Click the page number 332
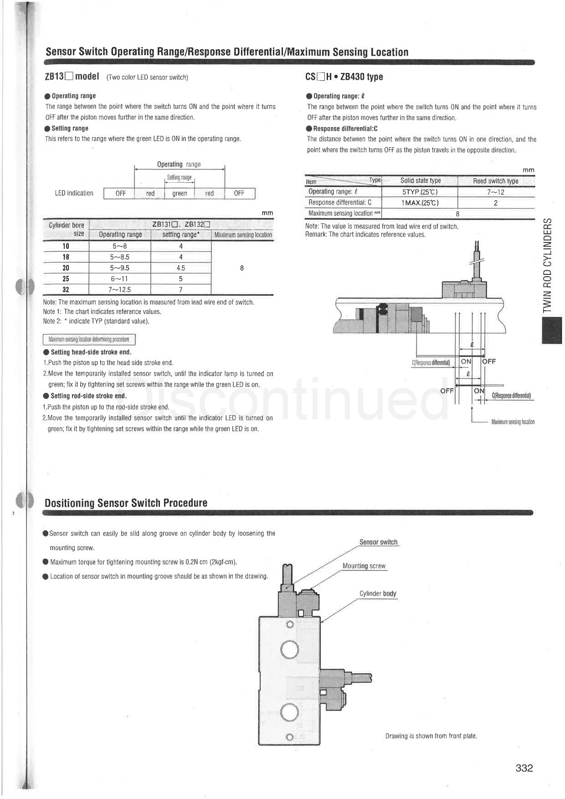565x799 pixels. click(524, 768)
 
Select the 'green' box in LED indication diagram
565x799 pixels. click(180, 193)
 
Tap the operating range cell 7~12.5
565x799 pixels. click(119, 290)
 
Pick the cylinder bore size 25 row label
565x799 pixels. click(66, 279)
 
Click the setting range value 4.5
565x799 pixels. click(180, 268)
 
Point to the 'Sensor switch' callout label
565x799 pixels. click(378, 542)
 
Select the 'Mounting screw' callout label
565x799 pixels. click(364, 566)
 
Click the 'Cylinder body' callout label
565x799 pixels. click(378, 593)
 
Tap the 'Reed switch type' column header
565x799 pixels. click(495, 181)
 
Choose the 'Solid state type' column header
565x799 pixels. click(420, 181)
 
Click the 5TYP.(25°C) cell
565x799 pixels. click(420, 192)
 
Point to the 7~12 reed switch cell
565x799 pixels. click(495, 192)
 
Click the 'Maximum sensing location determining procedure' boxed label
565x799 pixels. click(89, 340)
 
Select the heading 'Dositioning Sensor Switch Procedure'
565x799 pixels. click(126, 503)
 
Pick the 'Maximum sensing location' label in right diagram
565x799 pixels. click(513, 422)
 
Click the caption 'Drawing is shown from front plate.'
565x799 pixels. click(431, 736)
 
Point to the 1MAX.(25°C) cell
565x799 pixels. click(420, 203)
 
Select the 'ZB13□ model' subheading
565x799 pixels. click(72, 77)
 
